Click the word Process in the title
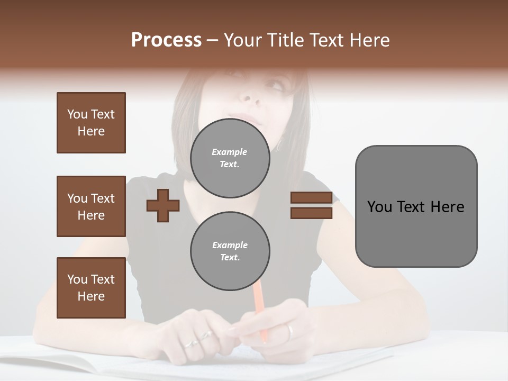pyautogui.click(x=166, y=40)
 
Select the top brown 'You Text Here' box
pyautogui.click(x=91, y=123)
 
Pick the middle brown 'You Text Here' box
pyautogui.click(x=91, y=206)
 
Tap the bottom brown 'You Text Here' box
pyautogui.click(x=91, y=288)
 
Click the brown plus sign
pyautogui.click(x=163, y=206)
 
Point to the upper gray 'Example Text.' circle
pyautogui.click(x=230, y=158)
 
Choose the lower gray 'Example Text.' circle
pyautogui.click(x=230, y=251)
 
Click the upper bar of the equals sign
pyautogui.click(x=311, y=198)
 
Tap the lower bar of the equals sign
pyautogui.click(x=311, y=213)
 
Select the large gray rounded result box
pyautogui.click(x=416, y=206)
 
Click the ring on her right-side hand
pyautogui.click(x=290, y=332)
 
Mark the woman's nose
pyautogui.click(x=248, y=95)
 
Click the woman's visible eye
pyautogui.click(x=275, y=85)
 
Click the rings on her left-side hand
pyautogui.click(x=198, y=339)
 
